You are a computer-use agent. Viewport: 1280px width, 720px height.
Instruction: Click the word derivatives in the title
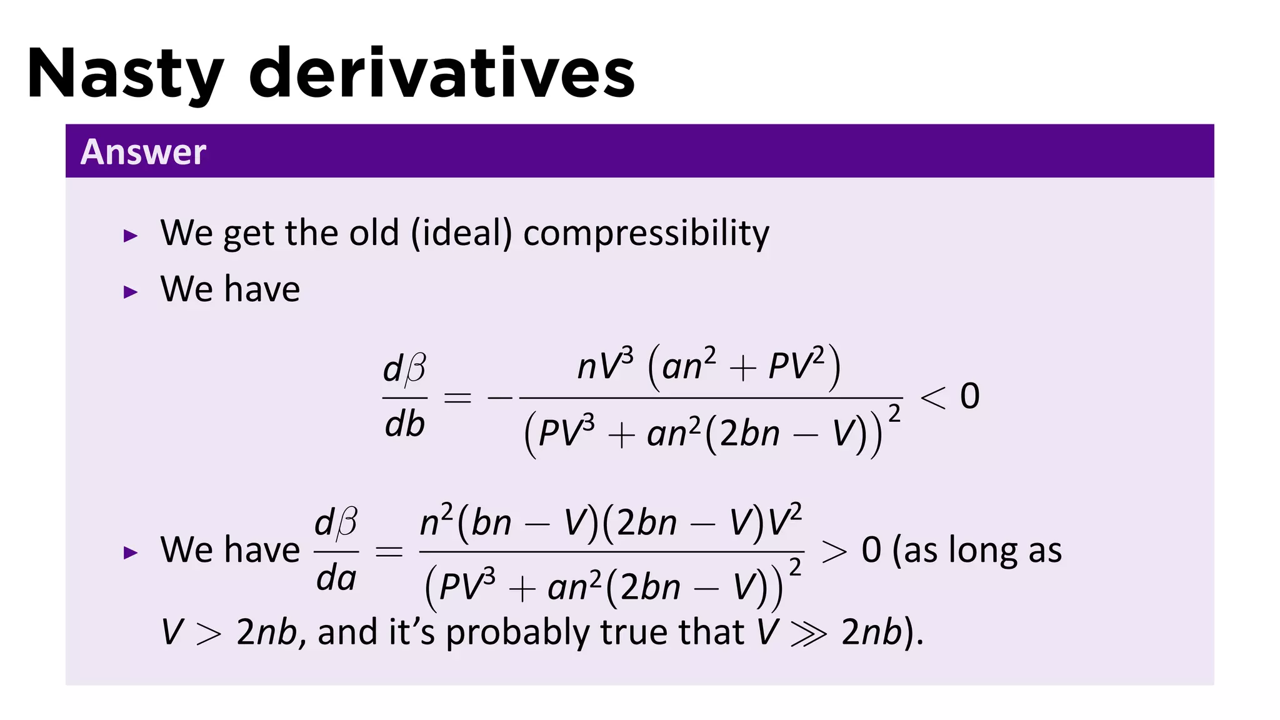(x=442, y=74)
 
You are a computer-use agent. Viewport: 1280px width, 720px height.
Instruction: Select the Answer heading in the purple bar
(x=143, y=152)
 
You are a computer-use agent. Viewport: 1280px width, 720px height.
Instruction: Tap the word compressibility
(x=646, y=234)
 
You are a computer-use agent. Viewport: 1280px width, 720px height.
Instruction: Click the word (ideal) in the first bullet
(x=461, y=234)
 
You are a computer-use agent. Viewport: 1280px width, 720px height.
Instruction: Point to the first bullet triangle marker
(x=130, y=236)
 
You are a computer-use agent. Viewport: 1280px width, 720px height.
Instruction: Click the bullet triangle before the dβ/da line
(x=130, y=552)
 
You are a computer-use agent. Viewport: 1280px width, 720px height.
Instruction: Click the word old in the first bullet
(x=374, y=232)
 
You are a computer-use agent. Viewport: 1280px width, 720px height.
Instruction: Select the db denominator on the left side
(x=404, y=424)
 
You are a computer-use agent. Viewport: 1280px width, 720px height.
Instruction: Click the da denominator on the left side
(x=336, y=578)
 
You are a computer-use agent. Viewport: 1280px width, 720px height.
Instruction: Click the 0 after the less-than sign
(x=969, y=396)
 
